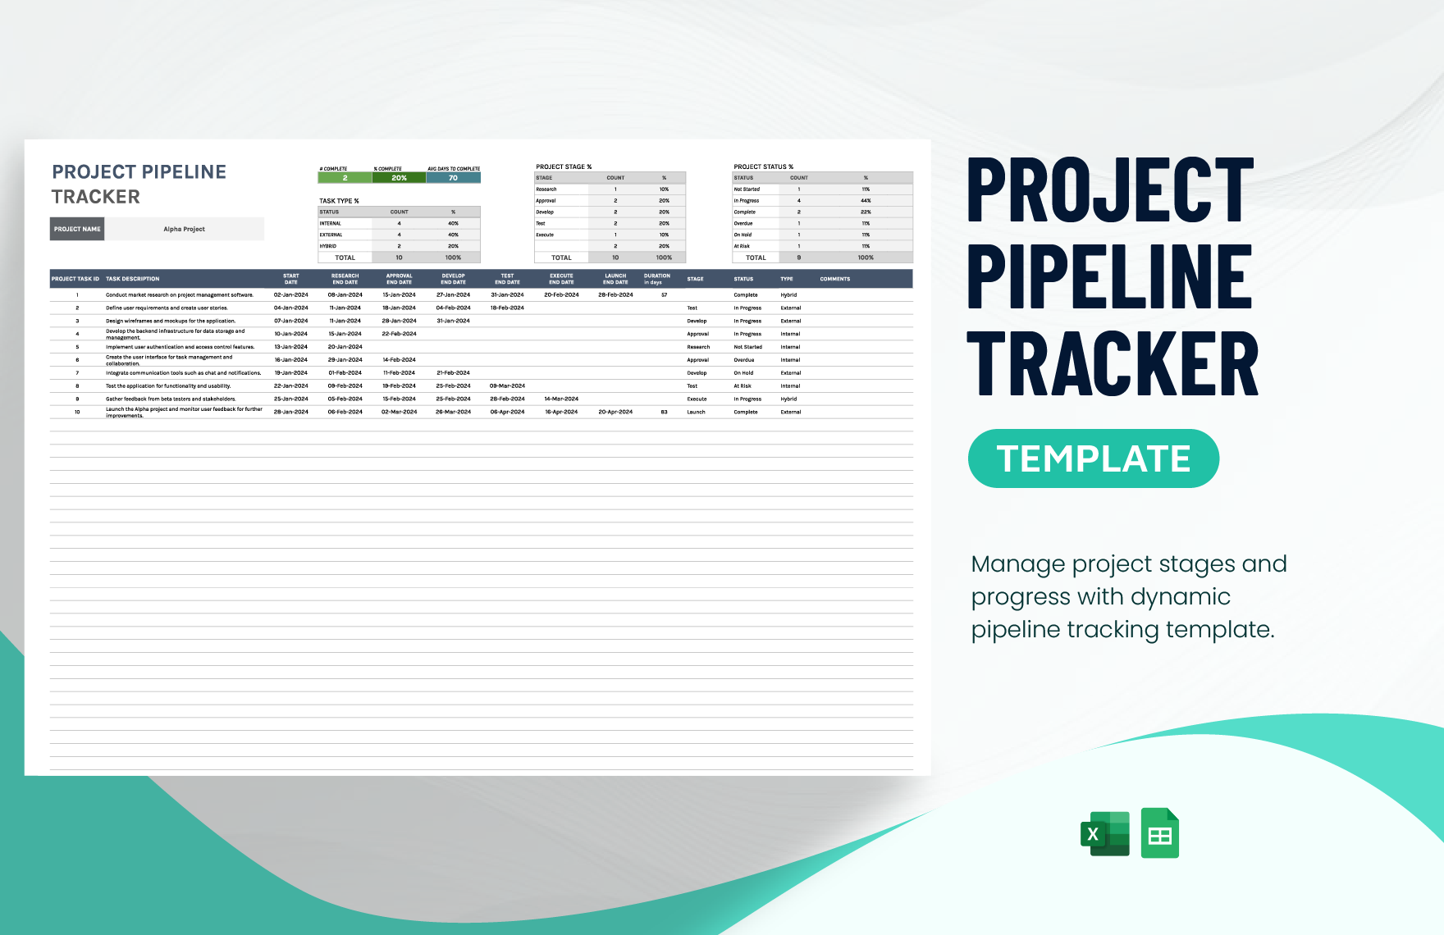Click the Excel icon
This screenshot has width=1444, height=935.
point(1104,834)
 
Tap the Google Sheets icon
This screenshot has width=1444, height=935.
point(1159,833)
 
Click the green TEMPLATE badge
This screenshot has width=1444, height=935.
point(1093,458)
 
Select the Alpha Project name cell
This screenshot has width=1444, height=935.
point(184,229)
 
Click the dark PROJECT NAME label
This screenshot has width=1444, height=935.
point(77,229)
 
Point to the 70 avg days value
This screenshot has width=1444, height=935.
point(453,178)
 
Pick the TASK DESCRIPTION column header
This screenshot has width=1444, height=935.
point(133,279)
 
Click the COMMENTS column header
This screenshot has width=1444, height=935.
point(835,279)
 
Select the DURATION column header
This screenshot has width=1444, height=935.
point(656,278)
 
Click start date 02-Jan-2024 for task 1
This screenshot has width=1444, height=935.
point(291,295)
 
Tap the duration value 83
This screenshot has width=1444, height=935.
point(664,412)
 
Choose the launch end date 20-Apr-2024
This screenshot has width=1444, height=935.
point(615,412)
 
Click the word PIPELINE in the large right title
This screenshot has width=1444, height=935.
point(1109,277)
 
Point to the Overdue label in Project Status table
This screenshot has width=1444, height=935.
point(743,223)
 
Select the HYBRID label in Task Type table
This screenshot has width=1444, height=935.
point(328,246)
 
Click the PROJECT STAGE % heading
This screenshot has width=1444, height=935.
point(564,166)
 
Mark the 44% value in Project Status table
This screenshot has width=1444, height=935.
point(866,201)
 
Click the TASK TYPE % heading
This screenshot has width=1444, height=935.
point(339,201)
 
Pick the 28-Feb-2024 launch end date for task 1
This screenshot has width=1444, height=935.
point(615,295)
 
